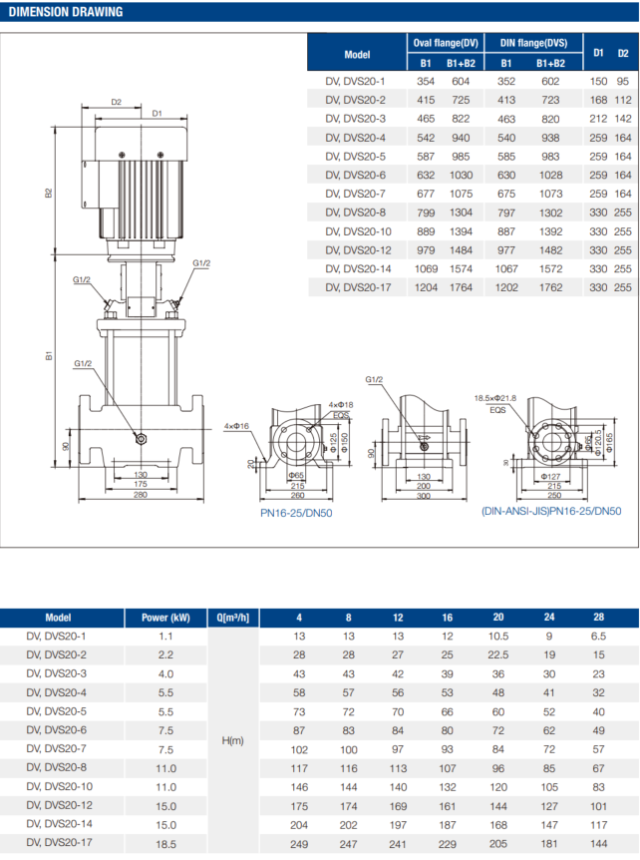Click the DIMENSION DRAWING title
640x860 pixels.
[x=67, y=12]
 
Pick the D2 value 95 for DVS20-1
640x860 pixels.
[x=623, y=80]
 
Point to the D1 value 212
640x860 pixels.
[x=598, y=118]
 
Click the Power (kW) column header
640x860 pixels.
[x=165, y=618]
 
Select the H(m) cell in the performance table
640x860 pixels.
[x=232, y=740]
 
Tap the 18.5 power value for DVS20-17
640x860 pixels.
[x=165, y=844]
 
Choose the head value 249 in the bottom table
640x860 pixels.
[x=298, y=844]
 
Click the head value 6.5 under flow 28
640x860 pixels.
[x=598, y=637]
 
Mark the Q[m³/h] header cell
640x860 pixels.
[x=232, y=618]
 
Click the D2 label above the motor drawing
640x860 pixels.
[x=116, y=102]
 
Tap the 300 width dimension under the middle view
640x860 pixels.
[x=422, y=496]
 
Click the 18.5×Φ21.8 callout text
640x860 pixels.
[x=509, y=397]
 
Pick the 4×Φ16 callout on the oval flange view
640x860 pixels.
[x=237, y=426]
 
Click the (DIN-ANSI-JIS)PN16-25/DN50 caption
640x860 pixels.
[x=550, y=511]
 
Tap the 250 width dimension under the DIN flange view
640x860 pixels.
[x=554, y=496]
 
